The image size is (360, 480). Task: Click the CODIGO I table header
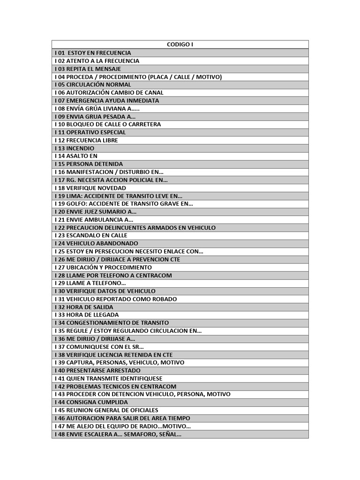[180, 45]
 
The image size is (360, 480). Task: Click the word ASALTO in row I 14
[76, 156]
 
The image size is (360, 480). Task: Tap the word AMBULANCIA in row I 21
[104, 219]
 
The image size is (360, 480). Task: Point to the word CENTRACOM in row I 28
[155, 275]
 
